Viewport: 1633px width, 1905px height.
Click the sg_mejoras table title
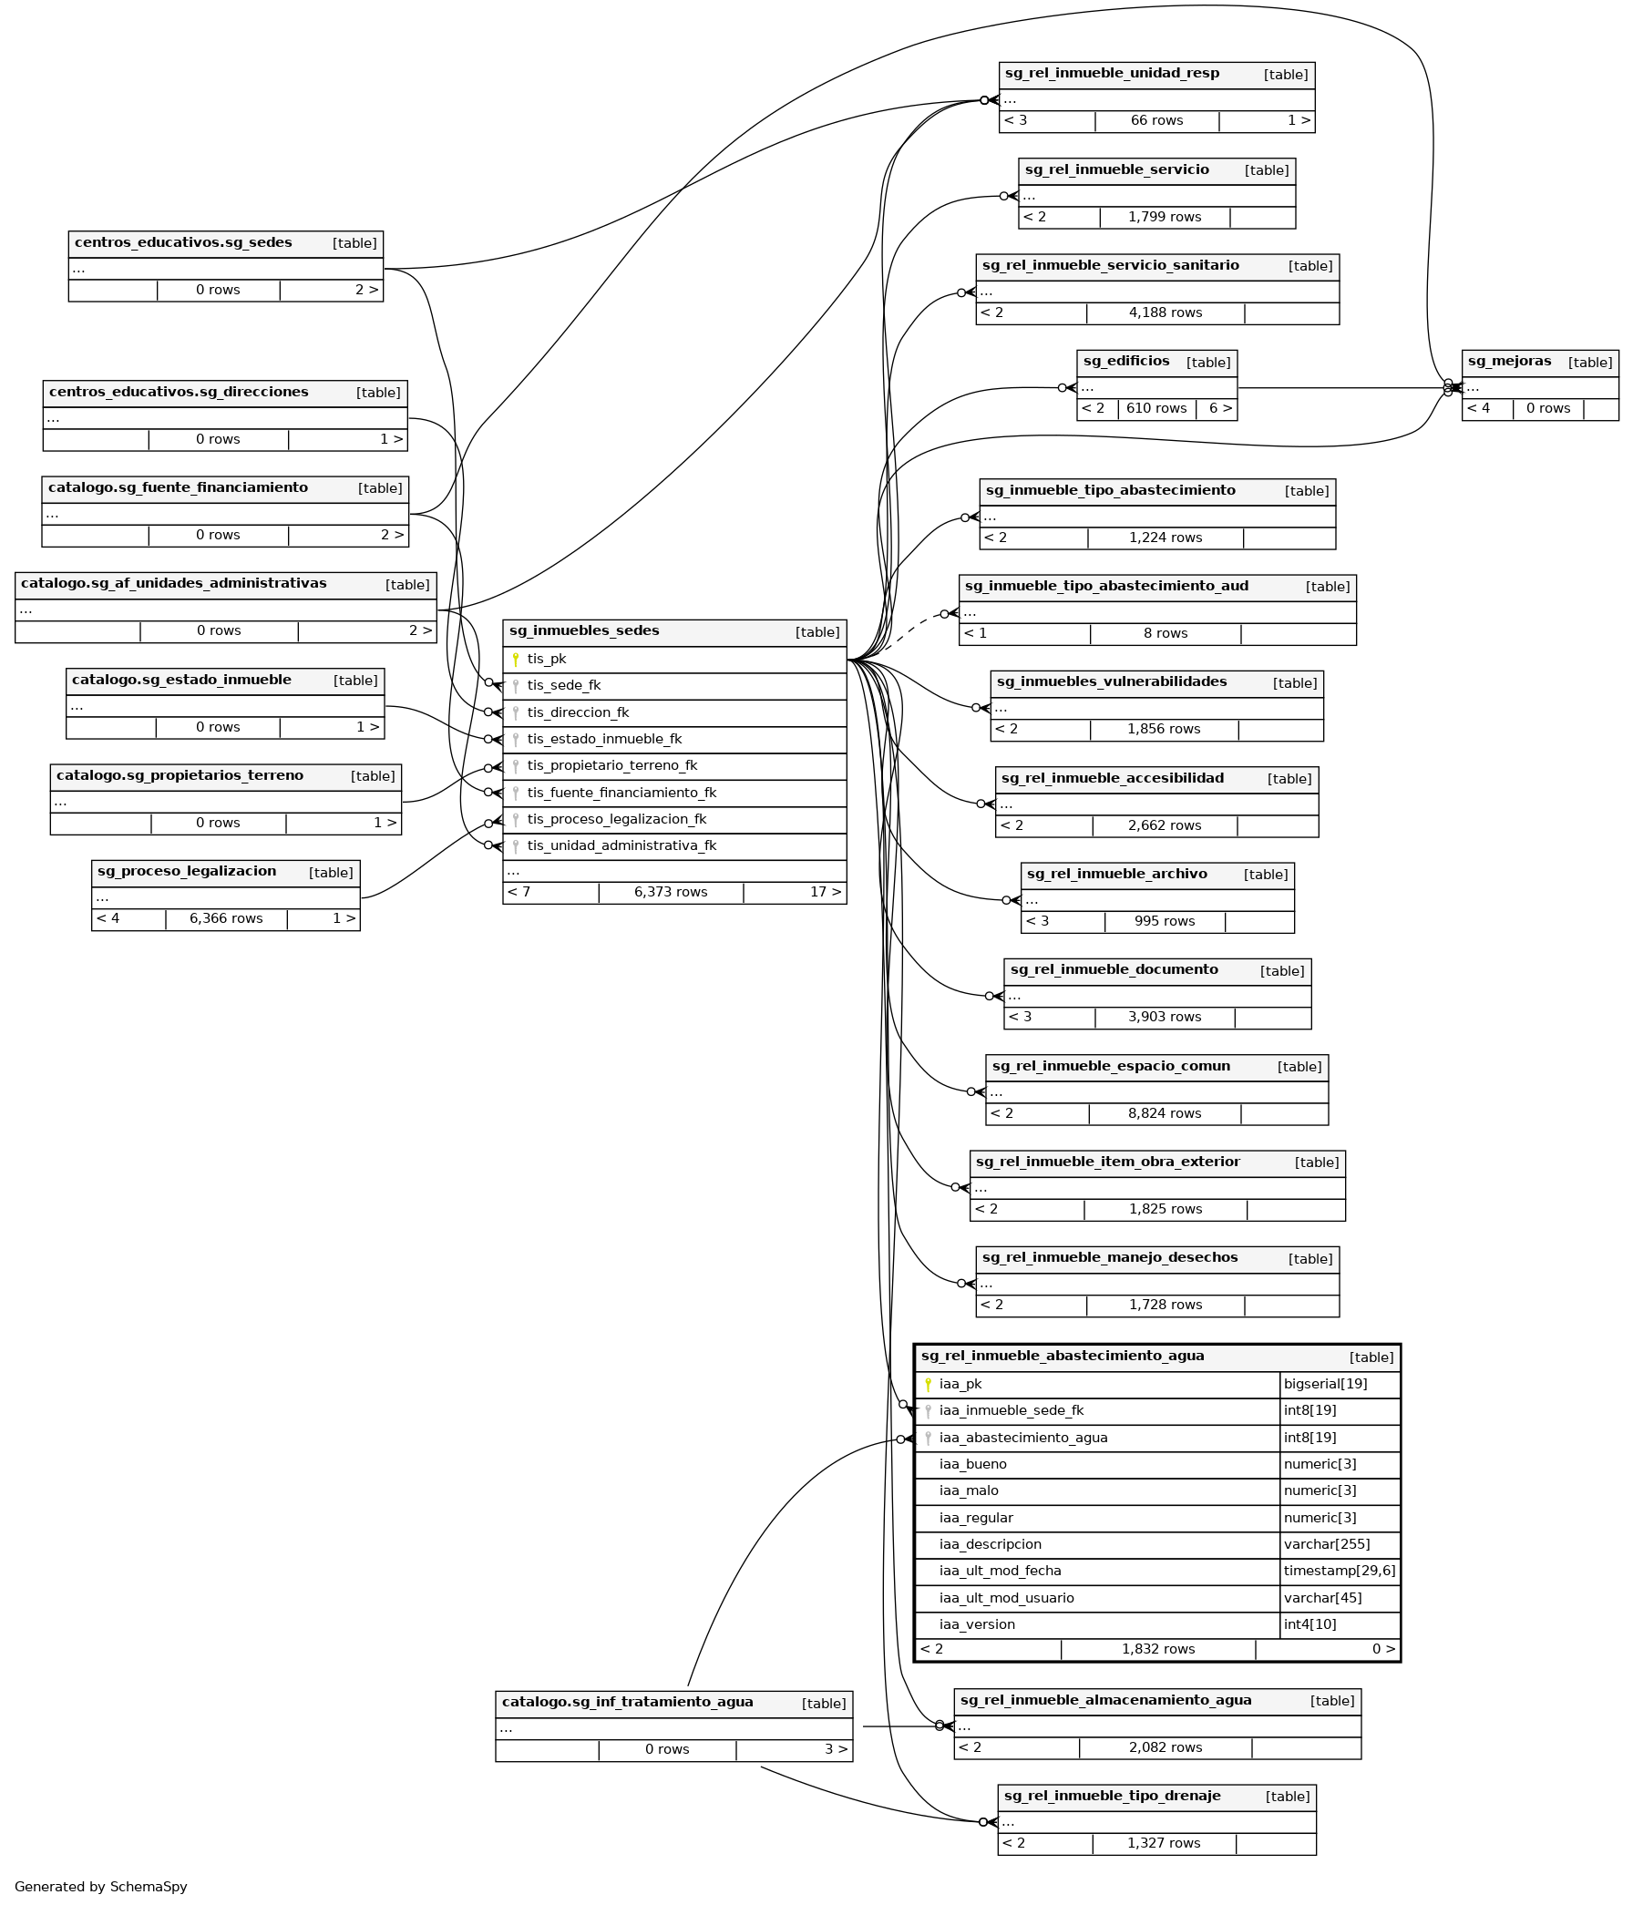(x=1509, y=362)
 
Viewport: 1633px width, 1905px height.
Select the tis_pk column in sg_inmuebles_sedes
(x=547, y=660)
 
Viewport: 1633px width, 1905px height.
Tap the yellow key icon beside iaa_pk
(x=928, y=1385)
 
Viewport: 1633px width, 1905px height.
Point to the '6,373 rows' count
(x=671, y=892)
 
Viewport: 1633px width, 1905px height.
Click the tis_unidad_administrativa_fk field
(x=621, y=845)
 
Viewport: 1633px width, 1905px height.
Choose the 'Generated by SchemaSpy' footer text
(x=101, y=1887)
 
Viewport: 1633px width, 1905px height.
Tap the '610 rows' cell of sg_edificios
(x=1155, y=408)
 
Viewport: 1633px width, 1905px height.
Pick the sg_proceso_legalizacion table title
(x=187, y=872)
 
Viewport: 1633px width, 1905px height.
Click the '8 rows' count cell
(x=1165, y=633)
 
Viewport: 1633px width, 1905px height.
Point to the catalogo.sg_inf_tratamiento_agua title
(x=627, y=1703)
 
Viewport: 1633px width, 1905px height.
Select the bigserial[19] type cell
(x=1325, y=1385)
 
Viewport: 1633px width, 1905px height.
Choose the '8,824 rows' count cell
(x=1164, y=1113)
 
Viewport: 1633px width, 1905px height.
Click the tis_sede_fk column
(x=564, y=686)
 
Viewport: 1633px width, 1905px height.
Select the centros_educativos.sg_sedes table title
(x=183, y=242)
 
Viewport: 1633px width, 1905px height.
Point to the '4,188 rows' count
(x=1165, y=312)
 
